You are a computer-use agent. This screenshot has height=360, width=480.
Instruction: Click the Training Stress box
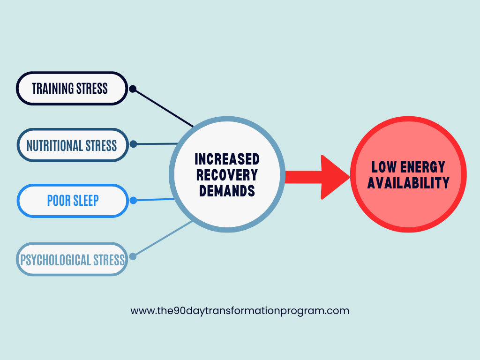pos(72,88)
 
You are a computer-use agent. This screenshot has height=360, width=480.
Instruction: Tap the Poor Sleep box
pos(73,201)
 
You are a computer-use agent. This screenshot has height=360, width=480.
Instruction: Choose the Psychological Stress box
pos(72,259)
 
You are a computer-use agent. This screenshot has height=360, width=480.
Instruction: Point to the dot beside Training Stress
pos(133,88)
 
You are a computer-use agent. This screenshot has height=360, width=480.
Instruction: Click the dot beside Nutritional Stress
pos(133,144)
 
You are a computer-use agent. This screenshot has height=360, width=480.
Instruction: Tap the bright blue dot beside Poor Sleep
pos(133,200)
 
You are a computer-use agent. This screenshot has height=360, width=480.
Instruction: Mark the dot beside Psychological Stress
pos(133,256)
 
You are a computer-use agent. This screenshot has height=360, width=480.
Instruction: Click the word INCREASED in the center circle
pos(227,159)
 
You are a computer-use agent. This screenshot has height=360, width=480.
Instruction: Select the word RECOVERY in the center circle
pos(227,175)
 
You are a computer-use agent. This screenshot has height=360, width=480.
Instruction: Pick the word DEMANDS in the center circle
pos(227,191)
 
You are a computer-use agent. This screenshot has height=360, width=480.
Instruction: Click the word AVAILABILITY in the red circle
pos(408,183)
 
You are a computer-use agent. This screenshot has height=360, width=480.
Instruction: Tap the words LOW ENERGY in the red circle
pos(408,167)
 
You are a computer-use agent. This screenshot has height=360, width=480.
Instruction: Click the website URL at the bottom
pos(240,310)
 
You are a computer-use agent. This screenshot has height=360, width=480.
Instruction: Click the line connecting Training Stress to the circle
pos(163,108)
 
